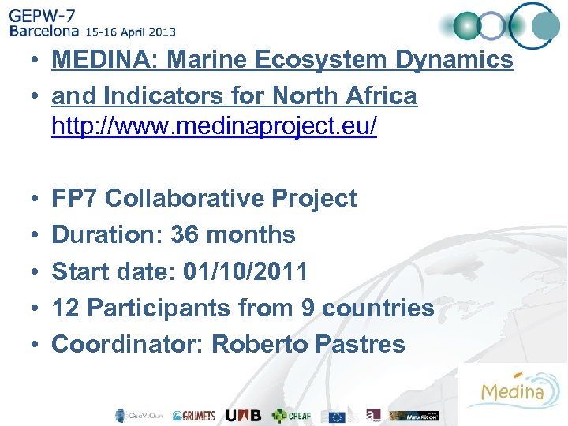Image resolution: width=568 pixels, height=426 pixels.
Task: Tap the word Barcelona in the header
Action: click(44, 32)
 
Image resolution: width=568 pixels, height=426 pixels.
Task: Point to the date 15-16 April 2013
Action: click(131, 32)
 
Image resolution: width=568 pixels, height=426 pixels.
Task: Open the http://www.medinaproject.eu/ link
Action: click(214, 126)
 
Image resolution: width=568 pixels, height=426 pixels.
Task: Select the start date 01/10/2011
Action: click(245, 272)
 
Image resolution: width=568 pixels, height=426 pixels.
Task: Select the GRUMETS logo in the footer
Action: click(193, 416)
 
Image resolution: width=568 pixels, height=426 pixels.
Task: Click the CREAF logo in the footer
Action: click(292, 416)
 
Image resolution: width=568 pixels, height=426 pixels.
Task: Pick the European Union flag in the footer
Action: click(338, 416)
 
